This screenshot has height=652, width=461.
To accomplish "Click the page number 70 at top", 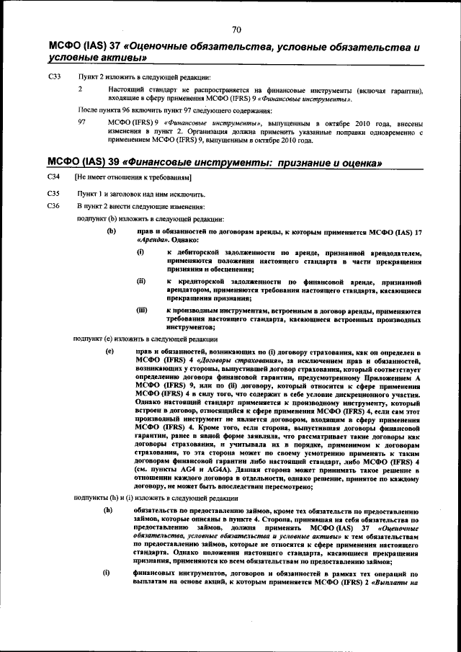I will tap(236, 30).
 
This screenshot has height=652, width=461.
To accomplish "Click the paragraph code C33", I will tap(54, 76).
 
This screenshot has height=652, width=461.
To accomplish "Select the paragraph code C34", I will tap(53, 177).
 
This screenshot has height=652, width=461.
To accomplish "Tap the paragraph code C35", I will tap(53, 194).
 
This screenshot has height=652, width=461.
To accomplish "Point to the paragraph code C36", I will tap(53, 206).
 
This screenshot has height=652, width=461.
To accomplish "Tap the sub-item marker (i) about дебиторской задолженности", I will tap(140, 253).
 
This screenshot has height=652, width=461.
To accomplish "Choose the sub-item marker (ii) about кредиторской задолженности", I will tap(141, 280).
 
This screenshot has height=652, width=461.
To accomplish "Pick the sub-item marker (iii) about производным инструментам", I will tap(142, 309).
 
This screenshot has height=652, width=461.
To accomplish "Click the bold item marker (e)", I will tap(110, 350).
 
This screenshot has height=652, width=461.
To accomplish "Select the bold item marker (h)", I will tap(110, 510).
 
